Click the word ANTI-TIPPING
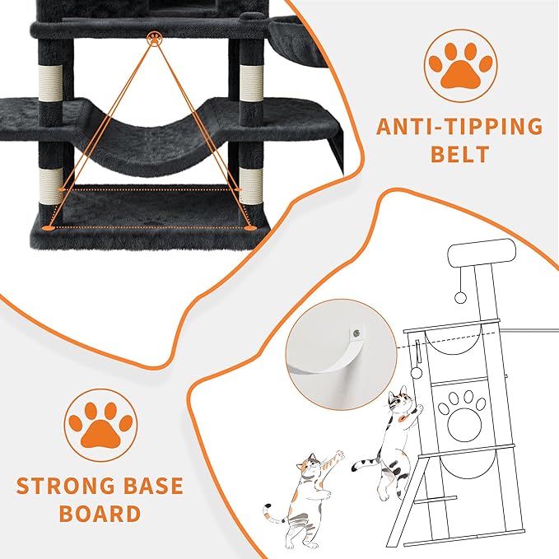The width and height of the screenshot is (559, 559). pyautogui.click(x=460, y=127)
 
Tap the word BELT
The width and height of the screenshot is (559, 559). pyautogui.click(x=460, y=155)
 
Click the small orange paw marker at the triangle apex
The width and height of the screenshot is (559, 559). pyautogui.click(x=153, y=38)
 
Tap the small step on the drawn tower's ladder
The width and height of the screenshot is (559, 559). pyautogui.click(x=440, y=500)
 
